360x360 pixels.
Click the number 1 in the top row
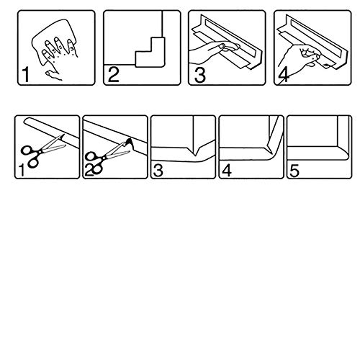point(26,75)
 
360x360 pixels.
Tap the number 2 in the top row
point(114,75)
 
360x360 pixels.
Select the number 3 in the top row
point(199,75)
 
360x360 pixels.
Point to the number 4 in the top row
point(284,76)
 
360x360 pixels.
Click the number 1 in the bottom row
point(22,170)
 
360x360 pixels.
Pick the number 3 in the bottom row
point(158,171)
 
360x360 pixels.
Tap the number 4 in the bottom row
point(227,171)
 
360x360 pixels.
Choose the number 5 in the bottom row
point(294,171)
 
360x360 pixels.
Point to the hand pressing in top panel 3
point(214,52)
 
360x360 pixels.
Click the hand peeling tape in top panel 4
point(297,59)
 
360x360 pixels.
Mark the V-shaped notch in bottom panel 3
point(195,152)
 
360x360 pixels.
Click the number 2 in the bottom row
point(89,171)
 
